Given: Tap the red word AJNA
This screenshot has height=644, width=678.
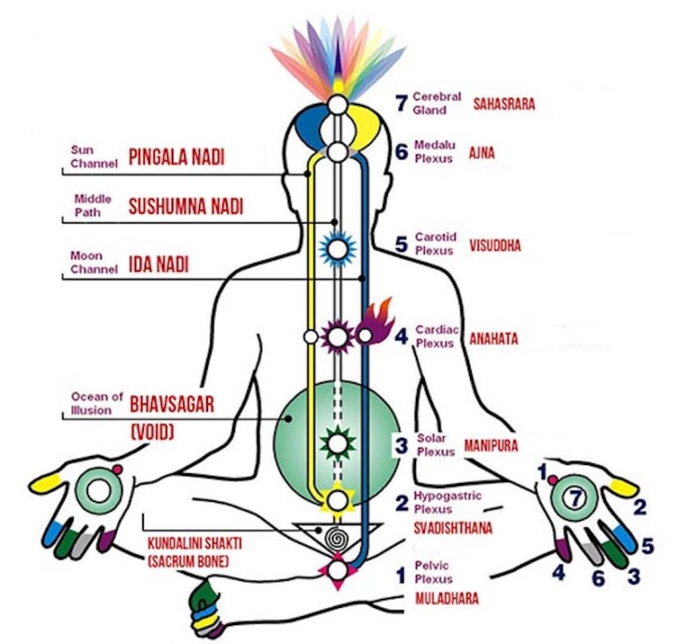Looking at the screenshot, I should click(x=482, y=154).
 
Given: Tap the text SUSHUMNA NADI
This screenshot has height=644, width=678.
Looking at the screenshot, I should click(x=186, y=207).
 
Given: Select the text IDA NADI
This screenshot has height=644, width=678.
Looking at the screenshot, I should click(x=159, y=264).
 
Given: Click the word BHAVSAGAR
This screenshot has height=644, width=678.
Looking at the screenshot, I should click(x=172, y=403).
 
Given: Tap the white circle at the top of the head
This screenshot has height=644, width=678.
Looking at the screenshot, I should click(x=337, y=104).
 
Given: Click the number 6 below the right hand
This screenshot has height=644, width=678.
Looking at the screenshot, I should click(x=598, y=579).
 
